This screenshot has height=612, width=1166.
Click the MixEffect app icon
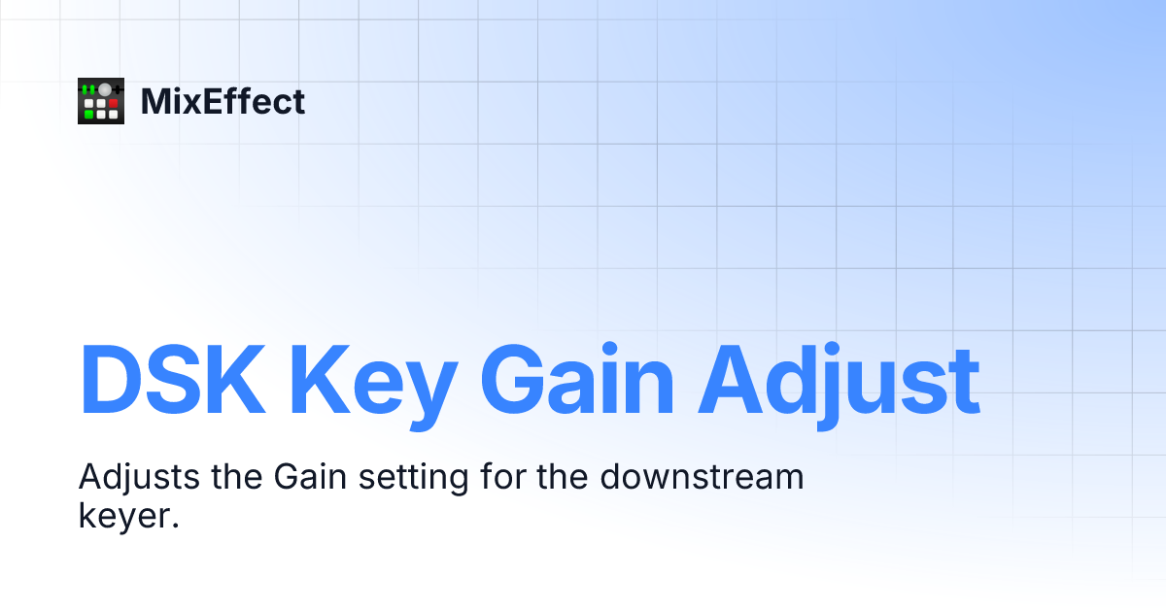(x=101, y=101)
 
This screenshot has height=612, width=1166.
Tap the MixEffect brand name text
(x=223, y=101)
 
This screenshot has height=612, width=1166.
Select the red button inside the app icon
(x=113, y=102)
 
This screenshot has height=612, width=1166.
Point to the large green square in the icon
(x=89, y=114)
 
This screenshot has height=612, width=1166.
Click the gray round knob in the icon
(x=104, y=89)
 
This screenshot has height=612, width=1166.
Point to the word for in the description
(x=503, y=477)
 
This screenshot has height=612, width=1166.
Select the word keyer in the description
(x=123, y=516)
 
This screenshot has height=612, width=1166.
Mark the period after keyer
(x=176, y=525)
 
